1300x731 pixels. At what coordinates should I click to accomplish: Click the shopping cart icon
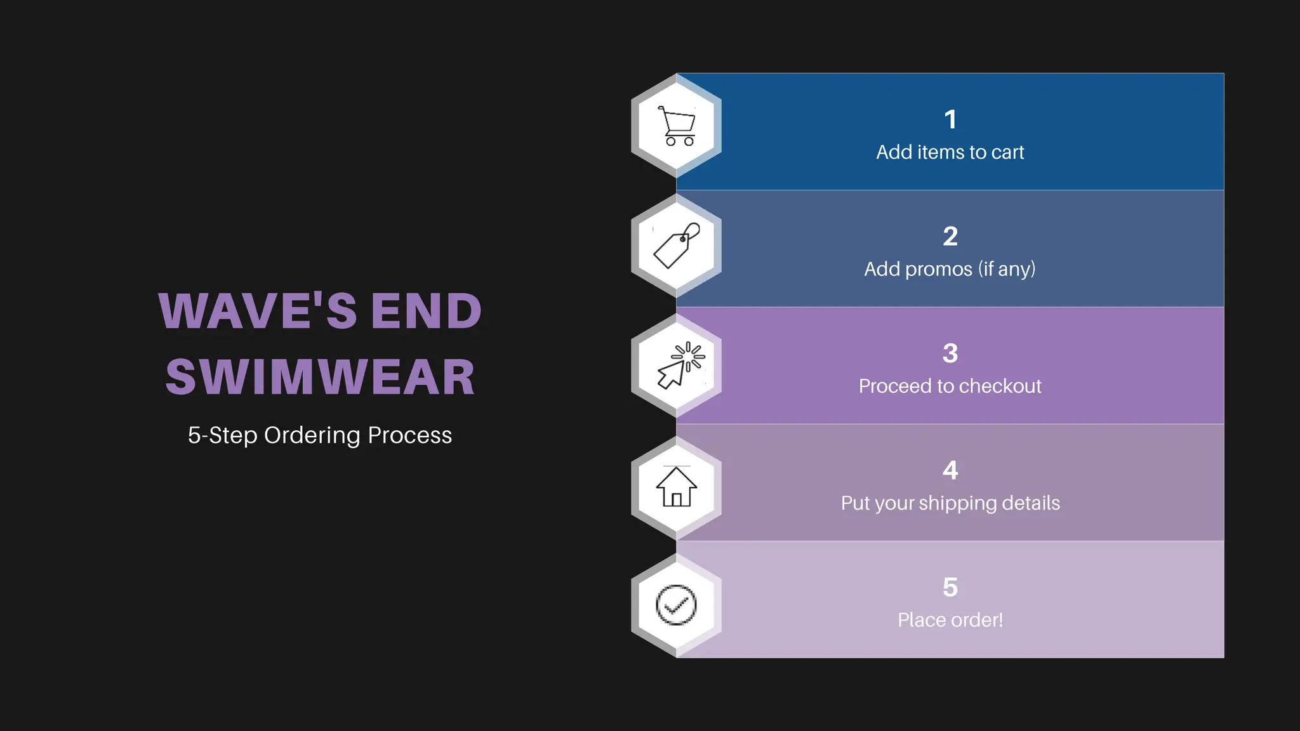tap(677, 126)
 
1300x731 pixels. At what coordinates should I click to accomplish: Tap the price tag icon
tap(677, 246)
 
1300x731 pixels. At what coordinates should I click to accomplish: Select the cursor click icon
tap(679, 365)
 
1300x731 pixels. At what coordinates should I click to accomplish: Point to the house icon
tap(677, 487)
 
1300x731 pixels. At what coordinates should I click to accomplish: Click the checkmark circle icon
tap(676, 605)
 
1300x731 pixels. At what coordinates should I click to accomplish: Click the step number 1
tap(950, 119)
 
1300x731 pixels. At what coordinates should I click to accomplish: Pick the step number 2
tap(950, 237)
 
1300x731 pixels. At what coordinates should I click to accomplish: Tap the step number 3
tap(950, 353)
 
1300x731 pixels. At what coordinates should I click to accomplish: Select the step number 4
tap(950, 470)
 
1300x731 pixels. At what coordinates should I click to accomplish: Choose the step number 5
tap(950, 588)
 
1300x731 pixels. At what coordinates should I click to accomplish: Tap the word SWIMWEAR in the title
tap(320, 377)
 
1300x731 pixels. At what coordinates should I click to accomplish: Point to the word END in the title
tap(426, 311)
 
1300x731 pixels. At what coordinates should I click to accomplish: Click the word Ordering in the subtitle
tap(312, 435)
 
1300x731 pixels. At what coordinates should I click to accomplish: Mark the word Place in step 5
tap(918, 620)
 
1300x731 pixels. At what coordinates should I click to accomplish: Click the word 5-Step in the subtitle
tap(222, 435)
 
